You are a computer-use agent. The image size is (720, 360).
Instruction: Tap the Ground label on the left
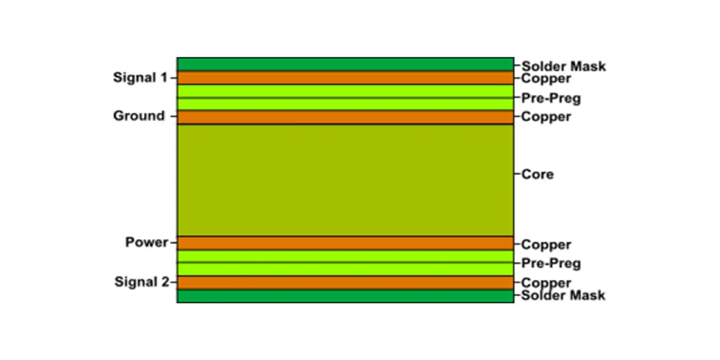click(x=139, y=116)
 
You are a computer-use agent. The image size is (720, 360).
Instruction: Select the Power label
click(x=146, y=243)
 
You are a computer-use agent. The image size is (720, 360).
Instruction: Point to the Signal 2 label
click(x=141, y=282)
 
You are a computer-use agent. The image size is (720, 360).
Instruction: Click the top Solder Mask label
click(x=564, y=66)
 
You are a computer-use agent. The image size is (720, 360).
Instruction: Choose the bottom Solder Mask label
click(x=564, y=295)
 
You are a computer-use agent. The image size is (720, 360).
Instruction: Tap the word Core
click(x=537, y=174)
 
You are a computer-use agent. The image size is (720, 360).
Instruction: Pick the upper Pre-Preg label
click(x=551, y=98)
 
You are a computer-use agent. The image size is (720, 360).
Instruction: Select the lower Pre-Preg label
click(x=551, y=264)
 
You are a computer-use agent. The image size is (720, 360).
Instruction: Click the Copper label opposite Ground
click(x=546, y=117)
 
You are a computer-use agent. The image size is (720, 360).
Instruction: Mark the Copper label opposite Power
click(x=546, y=245)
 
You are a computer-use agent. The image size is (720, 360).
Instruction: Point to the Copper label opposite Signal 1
click(x=546, y=78)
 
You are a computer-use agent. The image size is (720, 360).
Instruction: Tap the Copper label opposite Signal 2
click(x=546, y=283)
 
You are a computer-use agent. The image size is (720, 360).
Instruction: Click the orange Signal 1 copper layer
click(x=345, y=78)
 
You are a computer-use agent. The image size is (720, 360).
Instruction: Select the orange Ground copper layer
click(x=345, y=117)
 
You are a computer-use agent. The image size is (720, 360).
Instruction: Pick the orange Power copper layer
click(x=345, y=243)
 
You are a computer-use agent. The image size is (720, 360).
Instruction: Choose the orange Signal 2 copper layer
click(x=345, y=282)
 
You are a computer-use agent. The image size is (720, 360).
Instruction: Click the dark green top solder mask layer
click(x=345, y=64)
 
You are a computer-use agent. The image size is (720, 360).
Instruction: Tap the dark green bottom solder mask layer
click(x=345, y=296)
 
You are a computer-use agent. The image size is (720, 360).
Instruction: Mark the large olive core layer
click(x=345, y=180)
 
